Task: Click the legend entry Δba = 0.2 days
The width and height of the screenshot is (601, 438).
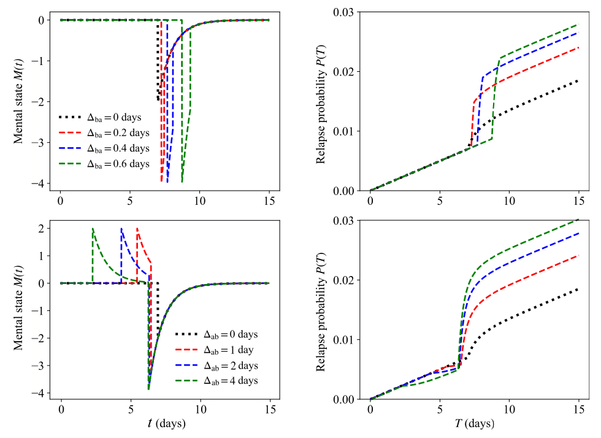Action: click(104, 132)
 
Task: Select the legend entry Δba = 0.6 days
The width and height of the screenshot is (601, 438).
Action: click(104, 164)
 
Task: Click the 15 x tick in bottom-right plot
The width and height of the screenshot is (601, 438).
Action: click(578, 409)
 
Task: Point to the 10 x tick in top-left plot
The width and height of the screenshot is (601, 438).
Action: click(199, 201)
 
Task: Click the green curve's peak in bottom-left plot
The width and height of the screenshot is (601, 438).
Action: click(93, 229)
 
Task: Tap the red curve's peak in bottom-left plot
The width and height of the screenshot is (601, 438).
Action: click(137, 229)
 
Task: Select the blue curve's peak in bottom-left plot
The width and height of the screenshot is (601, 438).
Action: click(121, 229)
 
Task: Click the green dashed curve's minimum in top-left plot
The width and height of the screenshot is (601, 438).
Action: click(182, 182)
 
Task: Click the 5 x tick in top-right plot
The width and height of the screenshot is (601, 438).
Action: click(440, 201)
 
